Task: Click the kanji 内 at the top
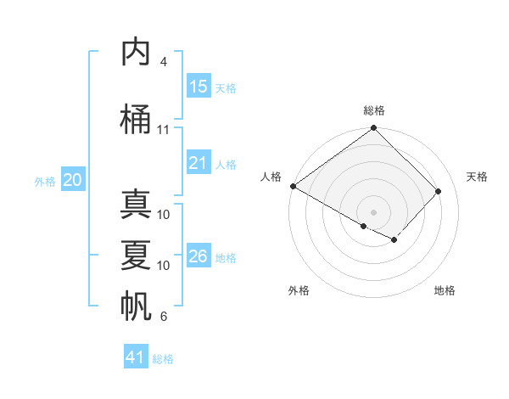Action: [137, 53]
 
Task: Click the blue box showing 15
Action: [199, 86]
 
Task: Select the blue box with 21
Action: [199, 163]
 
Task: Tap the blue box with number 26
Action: [199, 256]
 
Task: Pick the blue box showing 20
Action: [73, 180]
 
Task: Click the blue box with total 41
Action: [136, 357]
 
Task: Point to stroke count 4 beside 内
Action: [164, 62]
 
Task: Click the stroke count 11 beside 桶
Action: [164, 130]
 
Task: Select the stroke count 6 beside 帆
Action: [164, 317]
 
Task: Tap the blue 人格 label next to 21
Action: [226, 164]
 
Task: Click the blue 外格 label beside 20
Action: [45, 181]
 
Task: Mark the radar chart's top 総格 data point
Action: [373, 128]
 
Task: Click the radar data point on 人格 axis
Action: [293, 186]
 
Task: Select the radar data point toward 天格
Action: [439, 191]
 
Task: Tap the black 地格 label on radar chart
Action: [445, 290]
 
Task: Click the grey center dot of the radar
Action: [373, 211]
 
